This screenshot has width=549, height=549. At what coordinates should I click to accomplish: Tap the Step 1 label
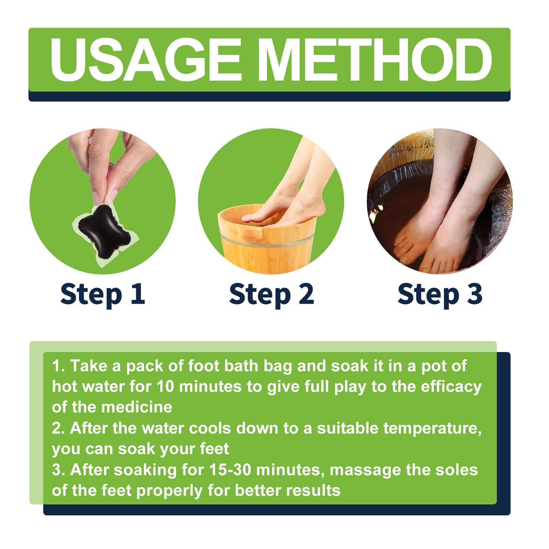[x=102, y=294]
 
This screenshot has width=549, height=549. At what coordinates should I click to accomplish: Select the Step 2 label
[x=271, y=294]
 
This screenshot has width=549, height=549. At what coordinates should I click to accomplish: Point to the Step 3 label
[x=440, y=294]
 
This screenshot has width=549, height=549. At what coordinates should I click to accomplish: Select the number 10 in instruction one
[x=166, y=387]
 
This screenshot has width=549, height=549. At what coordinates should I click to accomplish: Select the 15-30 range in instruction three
[x=231, y=470]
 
